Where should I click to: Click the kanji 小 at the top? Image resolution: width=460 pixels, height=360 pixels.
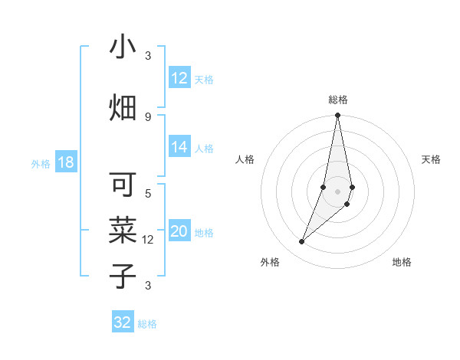[123, 47]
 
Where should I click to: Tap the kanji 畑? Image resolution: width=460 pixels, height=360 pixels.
[123, 108]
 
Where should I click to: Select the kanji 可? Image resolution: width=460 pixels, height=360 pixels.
[123, 186]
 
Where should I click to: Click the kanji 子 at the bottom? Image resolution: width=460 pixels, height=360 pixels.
[123, 275]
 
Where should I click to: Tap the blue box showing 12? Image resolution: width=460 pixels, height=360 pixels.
[179, 79]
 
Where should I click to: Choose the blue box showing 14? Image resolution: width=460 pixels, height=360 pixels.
[179, 148]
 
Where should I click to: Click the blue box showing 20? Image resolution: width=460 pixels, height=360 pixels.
[179, 232]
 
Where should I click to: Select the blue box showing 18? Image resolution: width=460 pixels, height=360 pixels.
[65, 163]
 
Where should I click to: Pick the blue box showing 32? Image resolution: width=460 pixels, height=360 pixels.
[123, 322]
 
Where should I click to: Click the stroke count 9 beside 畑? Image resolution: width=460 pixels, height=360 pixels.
[148, 116]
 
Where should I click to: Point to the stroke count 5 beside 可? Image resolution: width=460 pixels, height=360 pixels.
[148, 193]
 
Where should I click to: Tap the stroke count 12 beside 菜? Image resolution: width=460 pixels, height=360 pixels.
[148, 240]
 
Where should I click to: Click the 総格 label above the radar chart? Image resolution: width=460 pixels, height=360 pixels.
[337, 100]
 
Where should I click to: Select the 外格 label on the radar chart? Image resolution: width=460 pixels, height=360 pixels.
[270, 262]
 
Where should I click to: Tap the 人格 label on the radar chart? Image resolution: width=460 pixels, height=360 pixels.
[245, 159]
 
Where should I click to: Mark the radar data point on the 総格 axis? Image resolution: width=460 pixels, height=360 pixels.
[337, 116]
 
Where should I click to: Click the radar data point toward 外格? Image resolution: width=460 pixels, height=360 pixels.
[302, 241]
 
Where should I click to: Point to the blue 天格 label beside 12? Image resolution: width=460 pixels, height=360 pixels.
[204, 80]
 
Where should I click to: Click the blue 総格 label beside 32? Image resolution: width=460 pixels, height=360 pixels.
[147, 324]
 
